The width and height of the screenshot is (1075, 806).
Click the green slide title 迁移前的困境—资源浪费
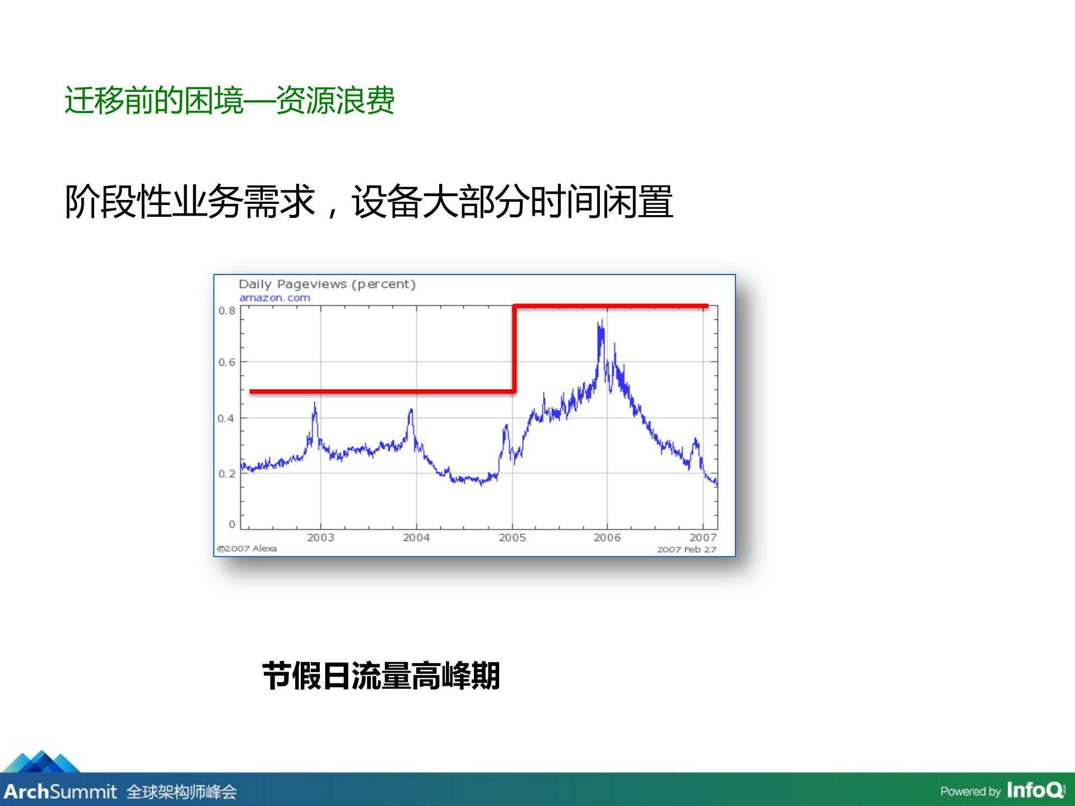coord(230,101)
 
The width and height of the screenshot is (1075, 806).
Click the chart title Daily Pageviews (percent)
coord(327,284)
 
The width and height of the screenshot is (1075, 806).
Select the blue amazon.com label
coord(274,298)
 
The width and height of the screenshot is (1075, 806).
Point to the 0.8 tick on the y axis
coord(226,311)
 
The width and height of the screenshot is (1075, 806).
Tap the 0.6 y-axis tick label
coord(226,362)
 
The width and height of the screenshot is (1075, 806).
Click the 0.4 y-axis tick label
coord(226,418)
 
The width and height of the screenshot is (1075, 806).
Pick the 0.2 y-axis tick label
coord(226,474)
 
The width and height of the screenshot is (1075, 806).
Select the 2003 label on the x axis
coord(320,538)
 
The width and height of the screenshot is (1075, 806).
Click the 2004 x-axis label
coord(416,538)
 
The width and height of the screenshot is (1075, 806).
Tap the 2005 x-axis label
coord(512,538)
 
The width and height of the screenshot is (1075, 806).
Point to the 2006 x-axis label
coord(607,538)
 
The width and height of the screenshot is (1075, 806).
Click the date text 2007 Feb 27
coord(687,549)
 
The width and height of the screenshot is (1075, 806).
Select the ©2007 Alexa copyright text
coord(247,548)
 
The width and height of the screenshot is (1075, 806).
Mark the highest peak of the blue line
coord(602,322)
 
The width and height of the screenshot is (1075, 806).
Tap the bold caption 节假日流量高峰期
coord(381,676)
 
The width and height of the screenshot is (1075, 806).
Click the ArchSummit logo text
coord(61,791)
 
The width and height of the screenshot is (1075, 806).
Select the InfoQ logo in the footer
coord(1035,790)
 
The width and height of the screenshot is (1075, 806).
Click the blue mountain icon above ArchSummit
coord(41,762)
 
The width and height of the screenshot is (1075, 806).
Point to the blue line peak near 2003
coord(314,404)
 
